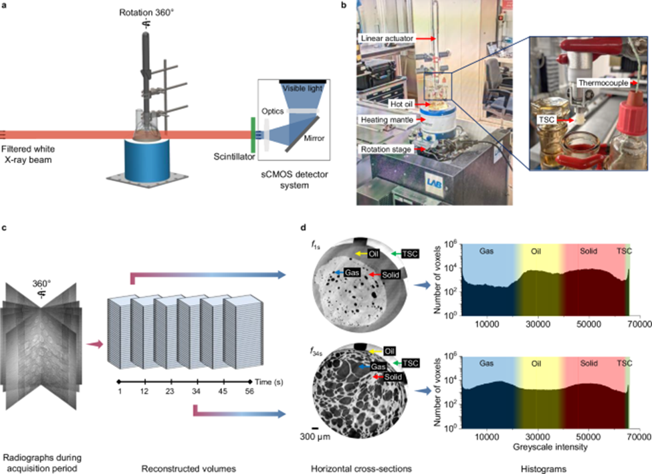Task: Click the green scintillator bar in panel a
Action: click(253, 134)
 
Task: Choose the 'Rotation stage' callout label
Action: click(387, 148)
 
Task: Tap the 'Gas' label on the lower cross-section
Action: click(362, 367)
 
